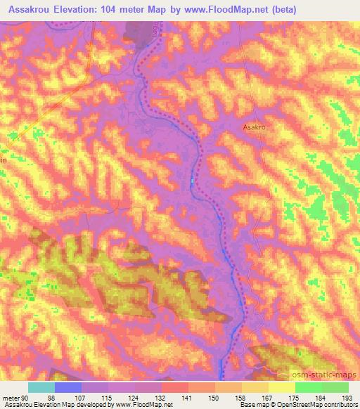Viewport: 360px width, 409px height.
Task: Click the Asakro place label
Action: click(x=256, y=128)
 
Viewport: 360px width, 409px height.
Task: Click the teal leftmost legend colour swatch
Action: click(x=41, y=387)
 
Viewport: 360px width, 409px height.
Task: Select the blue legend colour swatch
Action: click(x=68, y=387)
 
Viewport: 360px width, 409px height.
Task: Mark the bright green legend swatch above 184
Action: click(x=308, y=387)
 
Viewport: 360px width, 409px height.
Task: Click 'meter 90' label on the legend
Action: click(x=16, y=397)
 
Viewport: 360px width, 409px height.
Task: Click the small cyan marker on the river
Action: click(x=191, y=182)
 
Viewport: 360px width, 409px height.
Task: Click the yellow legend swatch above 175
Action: click(x=281, y=387)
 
